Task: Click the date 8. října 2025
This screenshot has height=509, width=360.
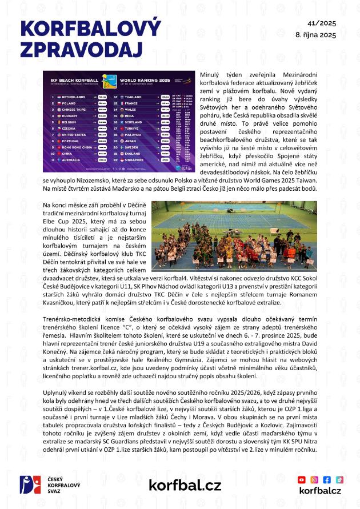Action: pos(315,35)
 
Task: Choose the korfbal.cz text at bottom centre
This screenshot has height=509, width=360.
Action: pos(185,485)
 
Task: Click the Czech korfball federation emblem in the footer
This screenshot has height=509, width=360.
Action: pos(27,484)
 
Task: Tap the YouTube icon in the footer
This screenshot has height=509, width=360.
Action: pos(302,479)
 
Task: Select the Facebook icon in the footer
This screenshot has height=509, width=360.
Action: pos(327,479)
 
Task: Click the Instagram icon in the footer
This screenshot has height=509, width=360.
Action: pos(315,479)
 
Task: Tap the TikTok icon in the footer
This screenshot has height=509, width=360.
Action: pos(339,479)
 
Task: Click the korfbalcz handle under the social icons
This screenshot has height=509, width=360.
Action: pos(320,491)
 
